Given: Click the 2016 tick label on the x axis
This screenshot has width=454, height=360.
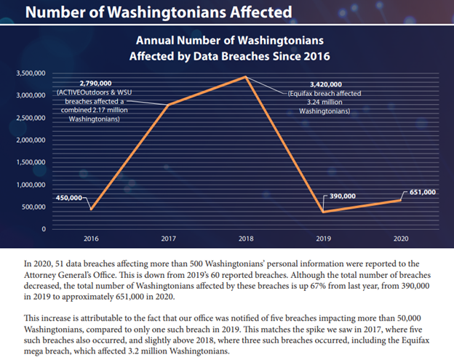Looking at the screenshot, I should (91, 239).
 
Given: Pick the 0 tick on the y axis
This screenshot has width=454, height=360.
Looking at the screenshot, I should (44, 229).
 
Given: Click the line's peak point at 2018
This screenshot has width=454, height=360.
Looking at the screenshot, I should (247, 76).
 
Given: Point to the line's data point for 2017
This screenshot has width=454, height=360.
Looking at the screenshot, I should (169, 105).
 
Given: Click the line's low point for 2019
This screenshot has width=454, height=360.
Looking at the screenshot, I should (324, 212).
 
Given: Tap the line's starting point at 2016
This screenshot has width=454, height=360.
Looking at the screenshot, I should (91, 209).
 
